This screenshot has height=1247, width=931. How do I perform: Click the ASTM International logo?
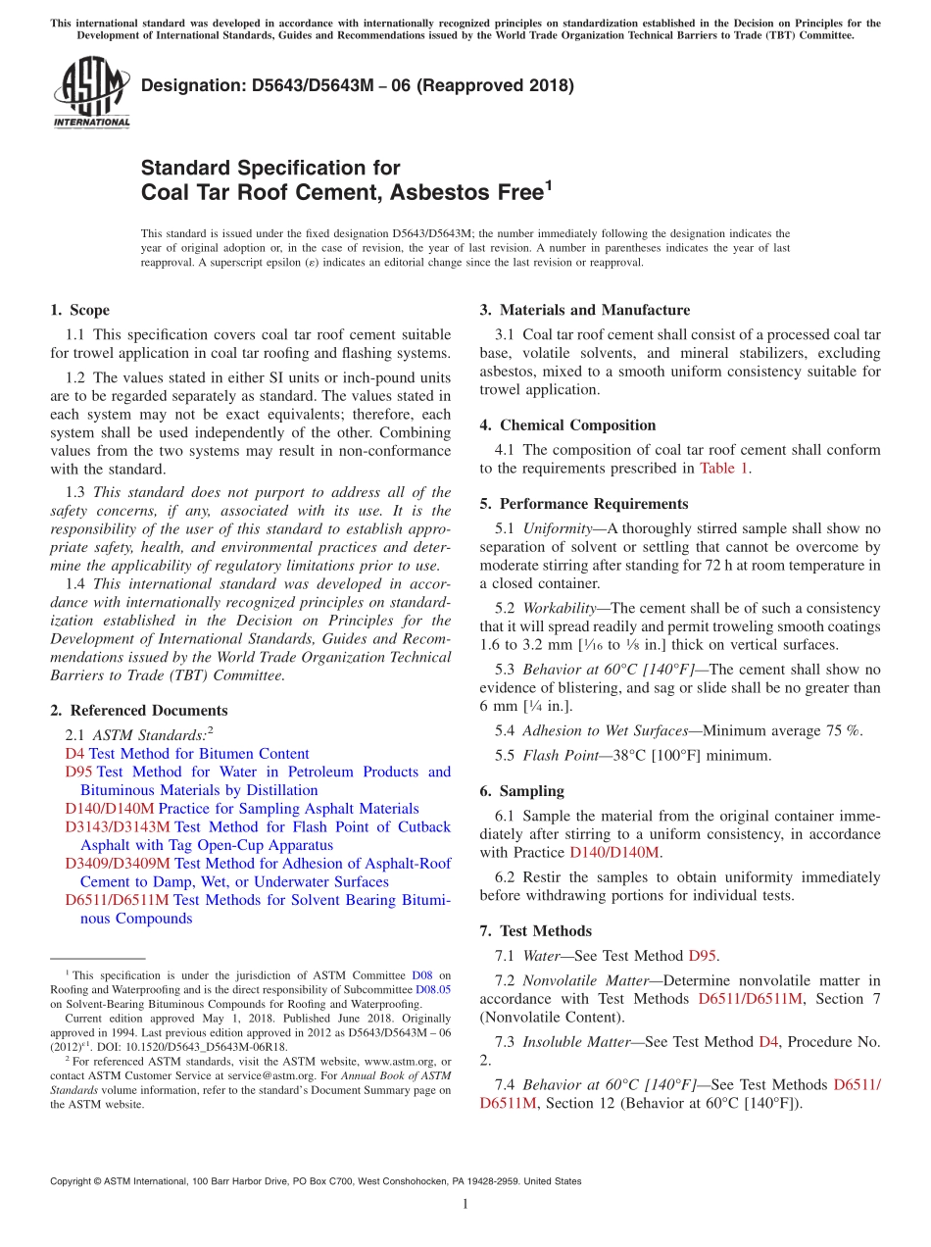(91, 93)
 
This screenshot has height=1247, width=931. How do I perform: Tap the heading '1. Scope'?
(79, 310)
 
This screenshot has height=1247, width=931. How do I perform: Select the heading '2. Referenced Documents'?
(138, 711)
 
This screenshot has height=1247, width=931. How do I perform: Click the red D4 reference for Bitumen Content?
(74, 754)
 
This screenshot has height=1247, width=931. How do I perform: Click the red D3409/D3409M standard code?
(118, 864)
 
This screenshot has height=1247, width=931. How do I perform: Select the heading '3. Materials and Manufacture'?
(584, 310)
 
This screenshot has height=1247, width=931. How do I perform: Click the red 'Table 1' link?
(723, 469)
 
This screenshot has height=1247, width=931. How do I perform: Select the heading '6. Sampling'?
(521, 791)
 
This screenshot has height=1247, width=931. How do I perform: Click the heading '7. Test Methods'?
(535, 931)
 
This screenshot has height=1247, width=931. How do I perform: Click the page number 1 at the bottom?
(465, 1205)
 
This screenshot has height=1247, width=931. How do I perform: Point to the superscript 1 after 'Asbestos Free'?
(549, 183)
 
